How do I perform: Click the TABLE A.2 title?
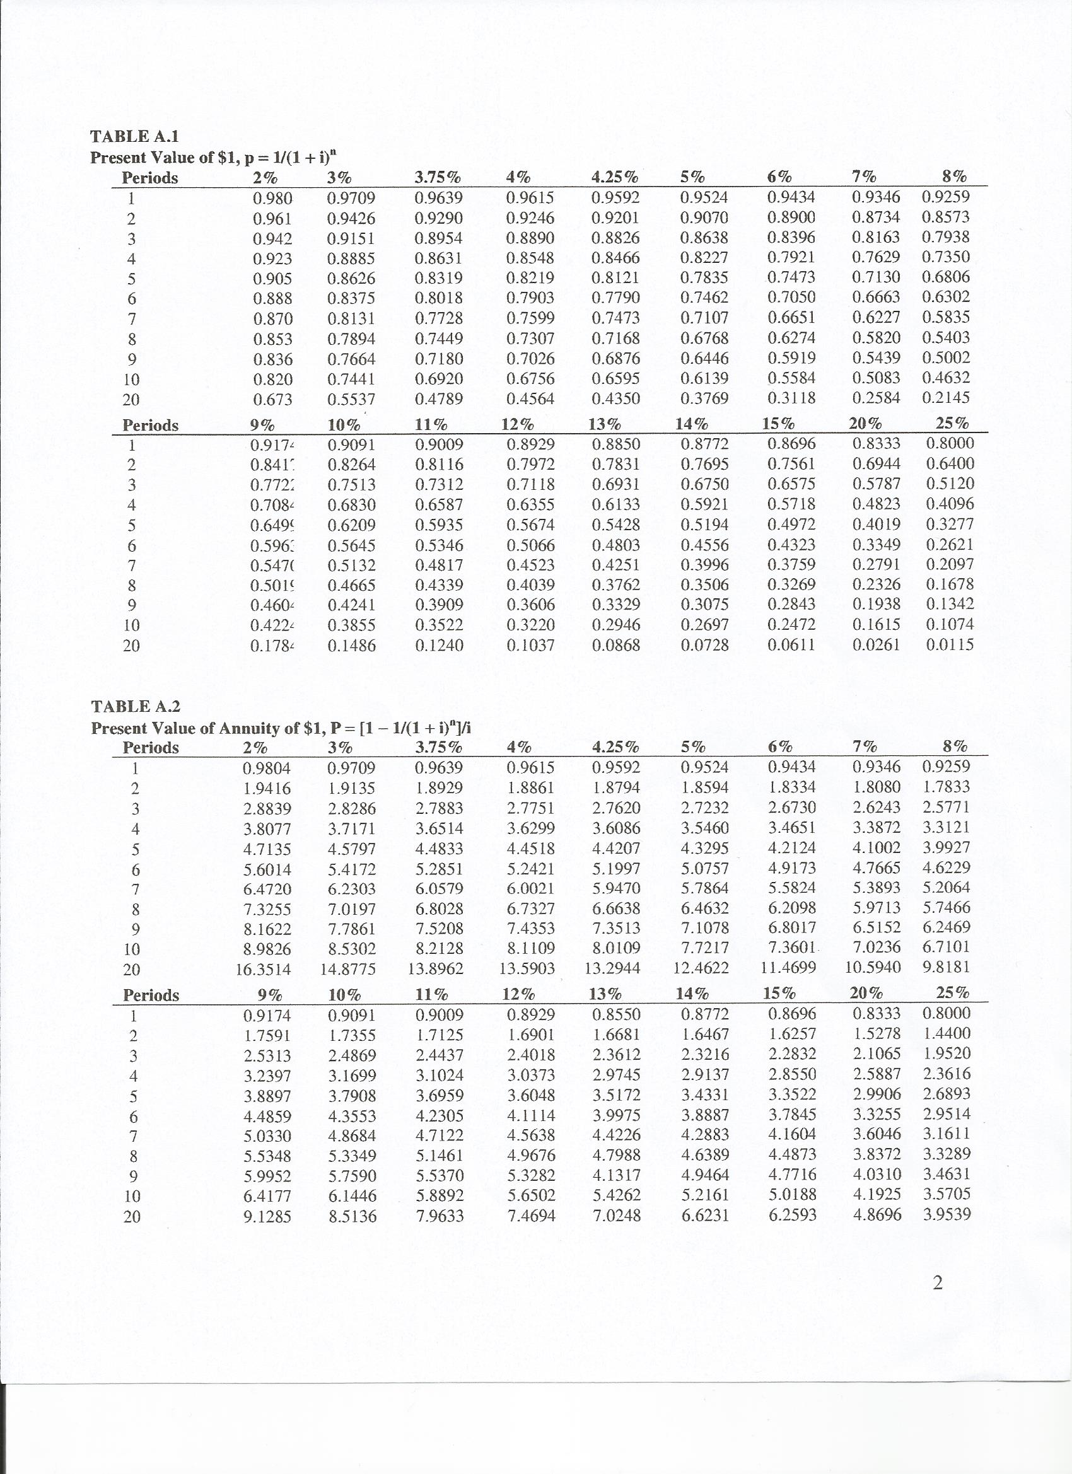point(135,707)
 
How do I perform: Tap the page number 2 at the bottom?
point(937,1282)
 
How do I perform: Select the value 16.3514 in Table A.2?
point(264,970)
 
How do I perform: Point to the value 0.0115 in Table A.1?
point(950,645)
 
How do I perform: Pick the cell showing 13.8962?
point(436,969)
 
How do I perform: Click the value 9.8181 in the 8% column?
point(946,967)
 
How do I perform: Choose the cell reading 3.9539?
point(947,1214)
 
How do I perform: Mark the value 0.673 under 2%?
point(272,399)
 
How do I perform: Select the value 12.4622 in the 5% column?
point(701,968)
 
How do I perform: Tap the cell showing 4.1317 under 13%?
point(616,1175)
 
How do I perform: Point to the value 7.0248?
point(616,1215)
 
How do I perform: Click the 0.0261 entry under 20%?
point(877,645)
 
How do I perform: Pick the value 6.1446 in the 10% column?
point(352,1195)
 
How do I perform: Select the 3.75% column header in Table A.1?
point(438,177)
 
